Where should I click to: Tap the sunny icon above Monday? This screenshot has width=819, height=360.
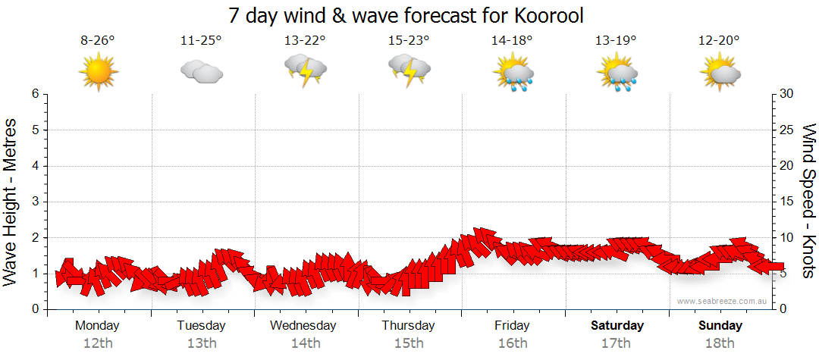(x=99, y=72)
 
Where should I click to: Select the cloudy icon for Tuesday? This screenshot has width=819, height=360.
(x=202, y=72)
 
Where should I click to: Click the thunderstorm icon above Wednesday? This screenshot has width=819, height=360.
(x=305, y=70)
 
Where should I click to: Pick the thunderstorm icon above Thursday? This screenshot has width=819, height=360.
(x=409, y=70)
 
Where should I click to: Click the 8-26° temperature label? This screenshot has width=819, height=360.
(x=98, y=41)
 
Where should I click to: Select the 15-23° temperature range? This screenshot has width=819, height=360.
(x=409, y=41)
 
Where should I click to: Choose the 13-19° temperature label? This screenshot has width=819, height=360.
(x=616, y=41)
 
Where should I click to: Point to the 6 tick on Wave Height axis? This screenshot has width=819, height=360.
(x=35, y=94)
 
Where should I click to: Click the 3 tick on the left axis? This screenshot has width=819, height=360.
(x=35, y=202)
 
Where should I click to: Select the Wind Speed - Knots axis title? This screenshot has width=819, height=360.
(x=808, y=202)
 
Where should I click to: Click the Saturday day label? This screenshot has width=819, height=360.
(x=617, y=326)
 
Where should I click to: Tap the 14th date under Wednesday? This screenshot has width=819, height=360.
(x=305, y=343)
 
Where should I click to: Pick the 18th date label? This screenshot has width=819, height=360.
(x=720, y=343)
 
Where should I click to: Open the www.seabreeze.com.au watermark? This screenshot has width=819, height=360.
(x=723, y=302)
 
